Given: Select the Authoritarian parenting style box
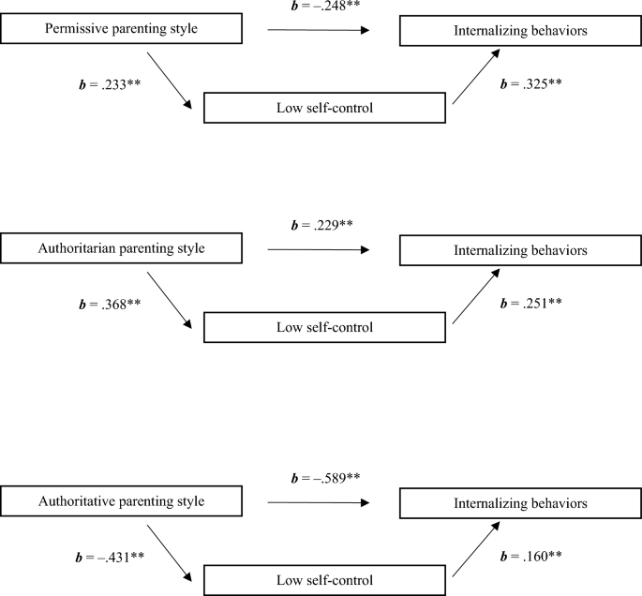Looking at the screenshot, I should [x=122, y=249].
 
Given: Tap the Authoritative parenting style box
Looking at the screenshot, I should [x=122, y=500].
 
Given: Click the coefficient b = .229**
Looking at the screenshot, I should [x=323, y=226].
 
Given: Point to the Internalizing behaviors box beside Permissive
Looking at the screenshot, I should [x=521, y=30].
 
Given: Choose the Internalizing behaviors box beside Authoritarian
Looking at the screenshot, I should [x=521, y=250].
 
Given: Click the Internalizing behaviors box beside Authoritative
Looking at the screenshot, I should [x=521, y=502].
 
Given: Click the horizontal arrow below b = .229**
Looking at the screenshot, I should [x=319, y=250].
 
